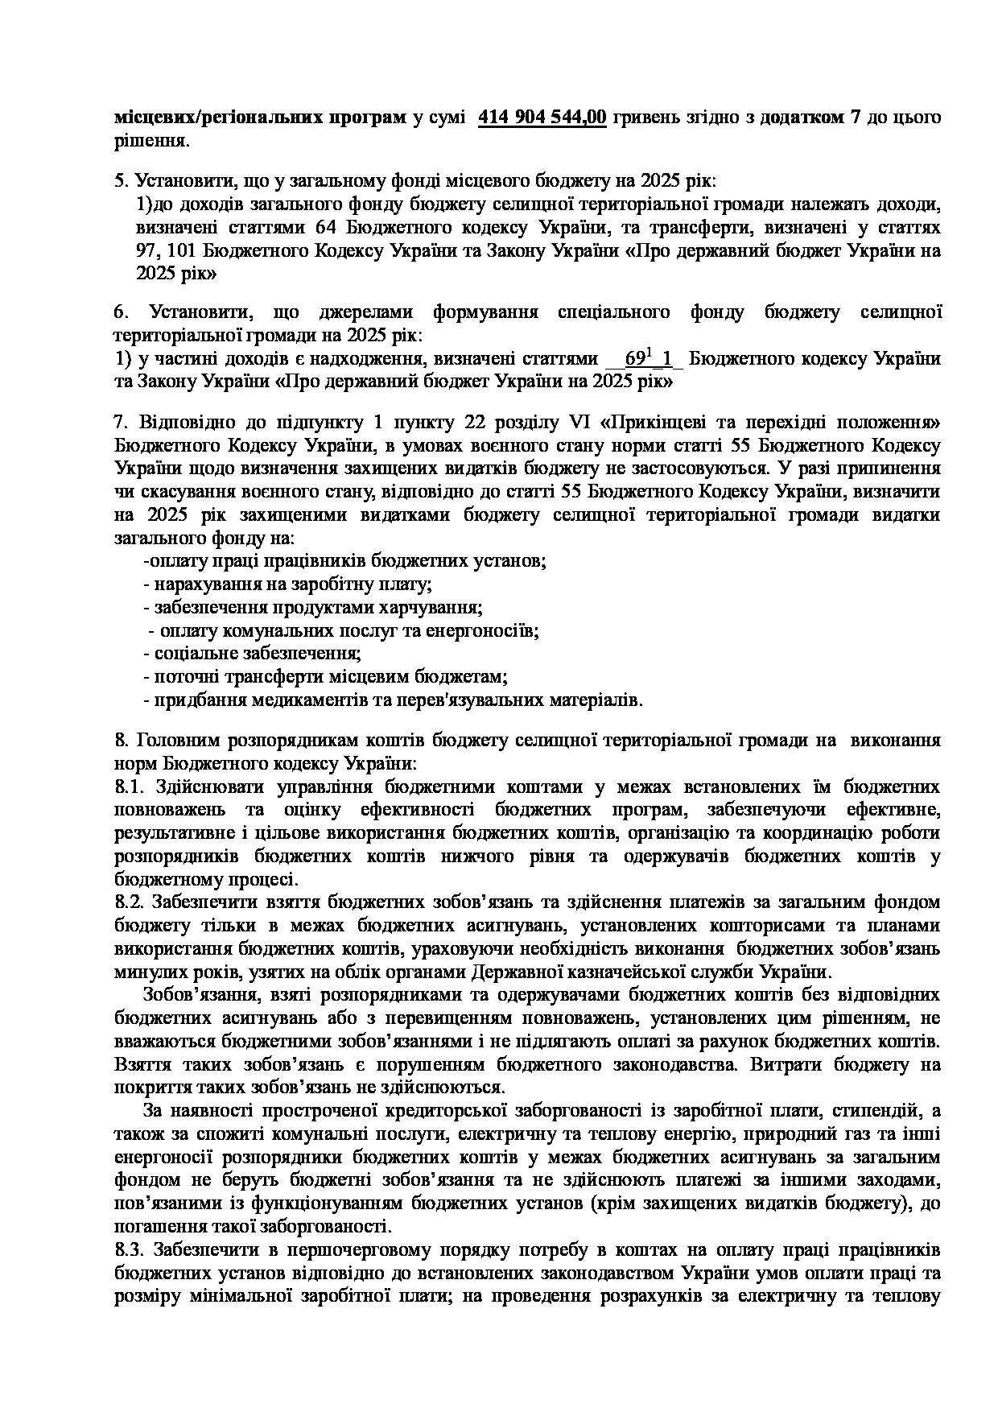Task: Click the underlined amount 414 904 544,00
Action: pyautogui.click(x=542, y=118)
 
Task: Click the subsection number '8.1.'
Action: pyautogui.click(x=130, y=786)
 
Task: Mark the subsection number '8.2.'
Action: pyautogui.click(x=130, y=902)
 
